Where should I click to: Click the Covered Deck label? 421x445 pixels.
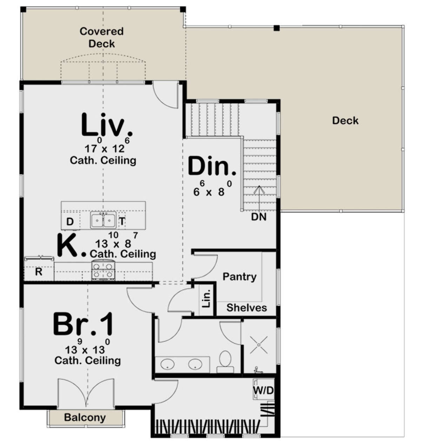click(101, 38)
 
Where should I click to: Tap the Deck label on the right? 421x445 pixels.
click(345, 120)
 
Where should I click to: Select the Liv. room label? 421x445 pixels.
click(106, 125)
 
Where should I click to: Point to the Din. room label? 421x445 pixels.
click(212, 166)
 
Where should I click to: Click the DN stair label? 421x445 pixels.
click(259, 217)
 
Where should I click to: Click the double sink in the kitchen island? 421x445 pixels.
click(103, 220)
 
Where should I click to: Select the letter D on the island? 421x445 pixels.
click(70, 222)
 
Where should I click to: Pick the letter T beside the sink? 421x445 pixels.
click(122, 221)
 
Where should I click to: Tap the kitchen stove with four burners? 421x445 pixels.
click(103, 270)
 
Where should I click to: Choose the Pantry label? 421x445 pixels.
click(239, 277)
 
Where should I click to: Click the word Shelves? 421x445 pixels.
click(247, 308)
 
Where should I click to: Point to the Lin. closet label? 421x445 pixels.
click(206, 298)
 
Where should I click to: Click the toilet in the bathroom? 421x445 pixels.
click(225, 362)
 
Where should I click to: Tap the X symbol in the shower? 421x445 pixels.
click(259, 345)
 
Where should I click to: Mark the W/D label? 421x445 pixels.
click(263, 390)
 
